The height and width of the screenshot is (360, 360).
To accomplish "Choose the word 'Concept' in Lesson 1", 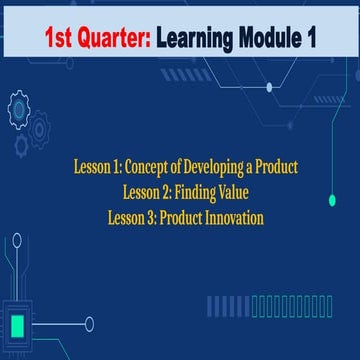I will [151, 167].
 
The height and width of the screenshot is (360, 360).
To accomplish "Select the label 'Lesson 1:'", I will [101, 167].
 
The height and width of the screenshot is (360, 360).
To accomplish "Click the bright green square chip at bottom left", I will [18, 325].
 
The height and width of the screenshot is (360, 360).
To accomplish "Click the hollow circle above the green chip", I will [17, 239].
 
